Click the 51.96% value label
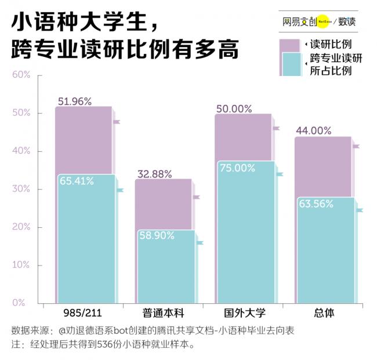pos(75,101)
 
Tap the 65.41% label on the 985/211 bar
pos(77,181)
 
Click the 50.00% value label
pos(234,108)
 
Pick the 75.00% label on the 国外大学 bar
pos(236,168)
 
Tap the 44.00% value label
pos(313,131)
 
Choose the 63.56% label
pos(316,203)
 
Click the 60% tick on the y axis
pos(21,75)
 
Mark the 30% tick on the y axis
pos(21,189)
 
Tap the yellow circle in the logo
pos(324,21)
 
